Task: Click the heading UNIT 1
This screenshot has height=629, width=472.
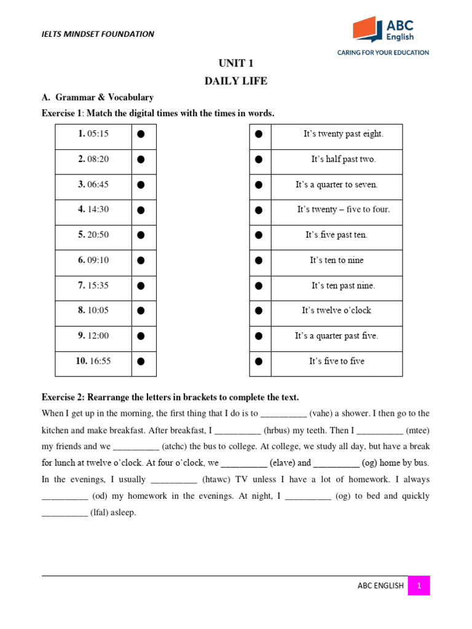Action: click(236, 64)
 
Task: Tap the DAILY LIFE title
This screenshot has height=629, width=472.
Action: click(236, 81)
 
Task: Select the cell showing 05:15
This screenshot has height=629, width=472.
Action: click(93, 134)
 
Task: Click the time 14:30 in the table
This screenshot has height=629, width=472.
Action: click(93, 209)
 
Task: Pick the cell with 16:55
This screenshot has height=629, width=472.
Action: click(93, 361)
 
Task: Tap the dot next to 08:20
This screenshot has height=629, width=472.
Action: click(141, 160)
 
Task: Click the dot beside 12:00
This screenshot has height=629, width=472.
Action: click(141, 336)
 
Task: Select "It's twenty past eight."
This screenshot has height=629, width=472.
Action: click(343, 134)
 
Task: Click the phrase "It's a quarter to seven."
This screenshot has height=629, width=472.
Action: click(337, 184)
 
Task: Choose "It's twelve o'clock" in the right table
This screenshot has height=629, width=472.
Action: click(336, 311)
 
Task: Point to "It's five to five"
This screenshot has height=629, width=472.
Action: click(336, 361)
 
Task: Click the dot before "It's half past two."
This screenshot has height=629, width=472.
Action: click(259, 160)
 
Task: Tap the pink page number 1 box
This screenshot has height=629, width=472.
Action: click(419, 585)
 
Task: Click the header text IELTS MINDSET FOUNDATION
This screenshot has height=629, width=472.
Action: click(98, 34)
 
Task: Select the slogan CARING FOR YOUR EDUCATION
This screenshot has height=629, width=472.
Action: click(383, 53)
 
